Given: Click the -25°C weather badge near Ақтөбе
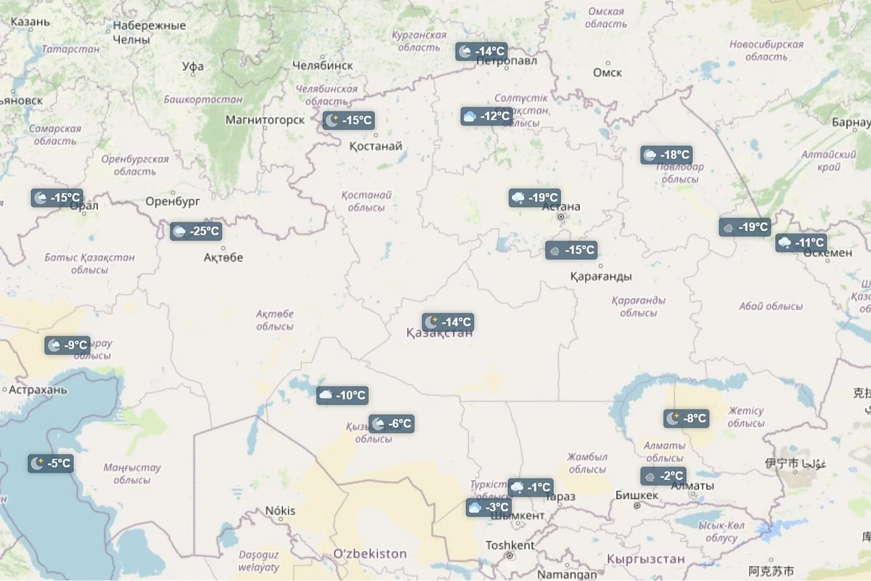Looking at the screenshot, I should [196, 232].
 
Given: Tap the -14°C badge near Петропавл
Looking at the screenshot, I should [481, 52].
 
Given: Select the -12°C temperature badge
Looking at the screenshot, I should [486, 116].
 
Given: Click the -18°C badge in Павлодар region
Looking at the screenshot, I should [666, 155].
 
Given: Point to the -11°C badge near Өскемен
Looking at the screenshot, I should [801, 243].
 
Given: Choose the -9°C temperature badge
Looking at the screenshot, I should [68, 346].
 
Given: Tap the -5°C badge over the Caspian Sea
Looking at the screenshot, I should [51, 463].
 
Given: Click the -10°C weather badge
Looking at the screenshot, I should [343, 395].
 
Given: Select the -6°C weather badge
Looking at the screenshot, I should [391, 423].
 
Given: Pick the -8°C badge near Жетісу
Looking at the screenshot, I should [685, 418].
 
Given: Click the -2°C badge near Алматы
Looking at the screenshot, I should [663, 476].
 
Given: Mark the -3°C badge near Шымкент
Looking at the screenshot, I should [489, 508].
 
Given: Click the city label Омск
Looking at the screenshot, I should [607, 73].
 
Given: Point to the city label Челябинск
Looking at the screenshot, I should [322, 65].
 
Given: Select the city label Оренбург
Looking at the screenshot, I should [173, 201].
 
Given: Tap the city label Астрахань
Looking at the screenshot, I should [38, 390].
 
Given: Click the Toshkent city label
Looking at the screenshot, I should [510, 545].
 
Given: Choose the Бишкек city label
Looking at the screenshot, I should [637, 495].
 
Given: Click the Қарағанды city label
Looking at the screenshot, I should [600, 277].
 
